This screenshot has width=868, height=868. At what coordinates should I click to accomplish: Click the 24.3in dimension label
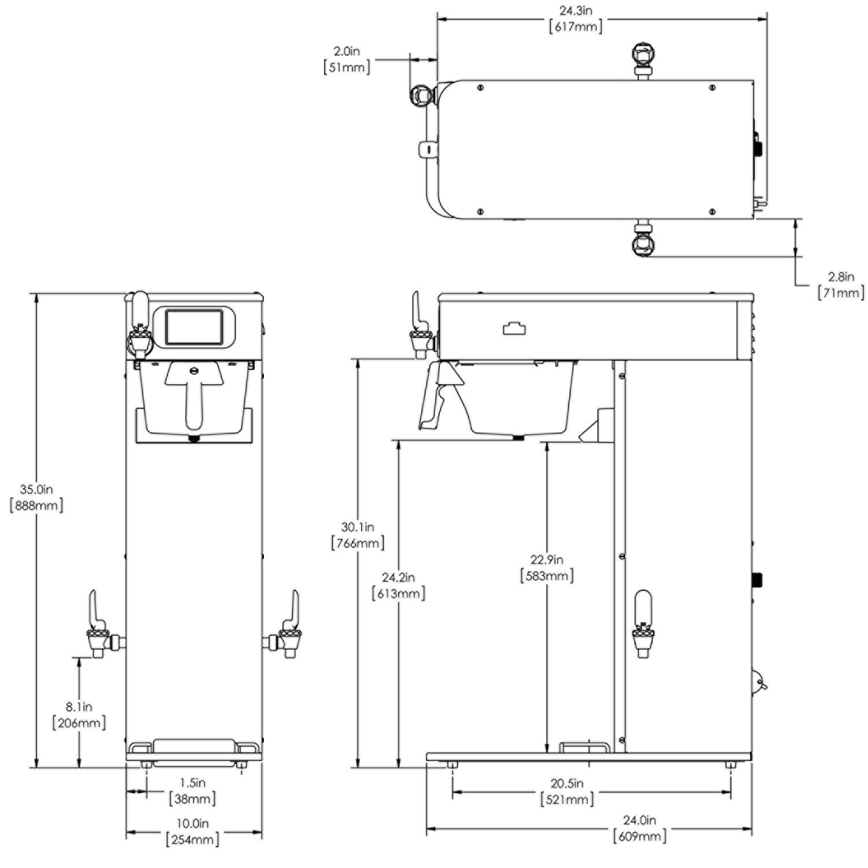click(x=575, y=11)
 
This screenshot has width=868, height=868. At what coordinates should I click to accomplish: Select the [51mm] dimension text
click(x=347, y=67)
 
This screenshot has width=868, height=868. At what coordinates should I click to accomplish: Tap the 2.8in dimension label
click(x=841, y=277)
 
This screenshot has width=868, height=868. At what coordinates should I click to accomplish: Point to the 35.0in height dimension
click(x=36, y=490)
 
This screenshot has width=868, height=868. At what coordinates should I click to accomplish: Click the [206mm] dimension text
click(x=79, y=723)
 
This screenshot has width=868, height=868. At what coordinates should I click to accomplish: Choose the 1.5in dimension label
click(x=193, y=783)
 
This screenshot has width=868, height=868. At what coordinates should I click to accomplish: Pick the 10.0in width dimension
click(x=193, y=823)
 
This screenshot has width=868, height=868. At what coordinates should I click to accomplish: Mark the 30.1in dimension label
click(x=357, y=527)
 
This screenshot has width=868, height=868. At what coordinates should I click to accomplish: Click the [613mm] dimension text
click(x=398, y=594)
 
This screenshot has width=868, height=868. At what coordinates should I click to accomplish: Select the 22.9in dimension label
click(x=547, y=560)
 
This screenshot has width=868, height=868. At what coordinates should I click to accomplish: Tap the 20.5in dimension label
click(x=567, y=784)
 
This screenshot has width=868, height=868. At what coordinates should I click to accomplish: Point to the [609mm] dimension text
click(x=639, y=836)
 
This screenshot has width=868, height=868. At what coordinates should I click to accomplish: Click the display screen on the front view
click(x=194, y=327)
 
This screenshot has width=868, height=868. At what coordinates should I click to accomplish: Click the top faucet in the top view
click(x=643, y=57)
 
